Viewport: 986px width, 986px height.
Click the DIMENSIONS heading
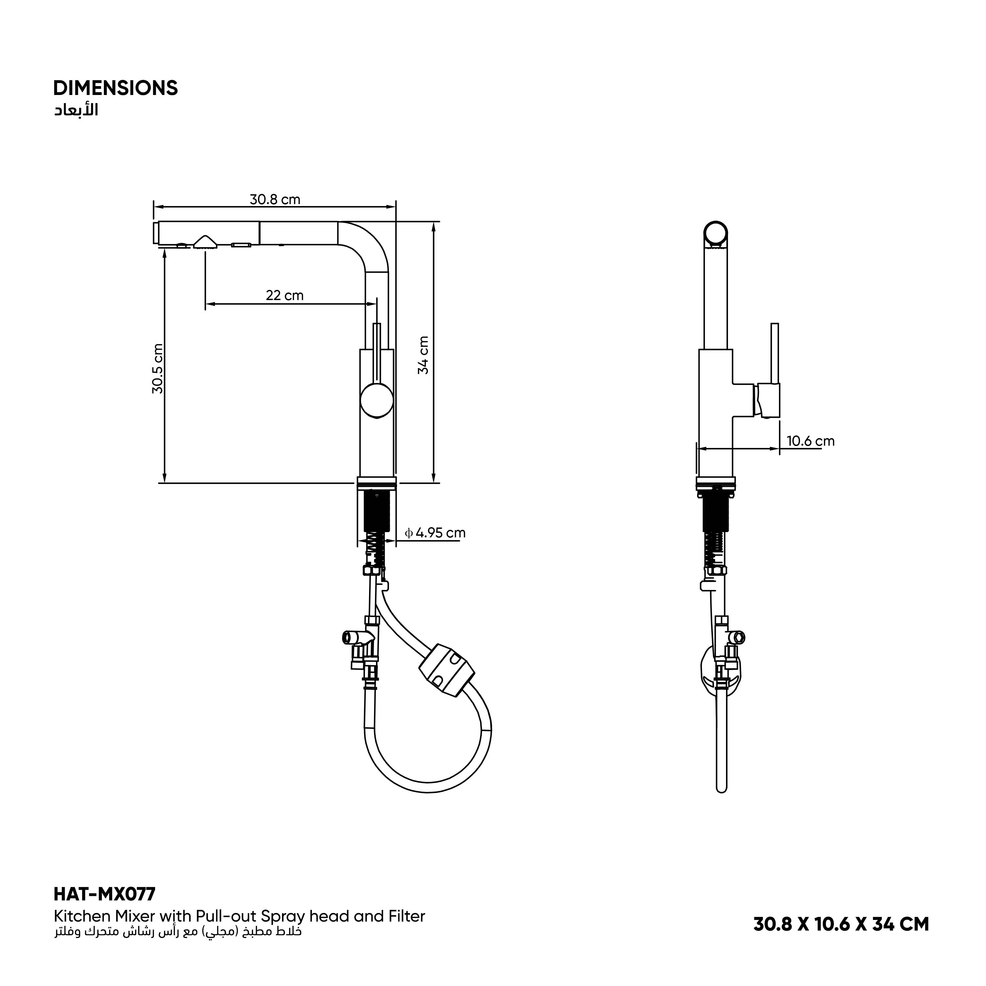pos(115,88)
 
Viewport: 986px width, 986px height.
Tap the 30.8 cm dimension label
pos(274,200)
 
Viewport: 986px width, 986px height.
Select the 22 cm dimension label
pos(284,295)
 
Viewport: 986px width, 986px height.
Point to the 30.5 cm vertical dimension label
pos(158,368)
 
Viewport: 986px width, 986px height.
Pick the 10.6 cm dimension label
pos(810,441)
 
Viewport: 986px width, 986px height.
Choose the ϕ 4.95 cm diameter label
pos(435,533)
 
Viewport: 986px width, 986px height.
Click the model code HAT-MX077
pos(104,894)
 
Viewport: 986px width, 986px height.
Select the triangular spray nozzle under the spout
pos(205,242)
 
